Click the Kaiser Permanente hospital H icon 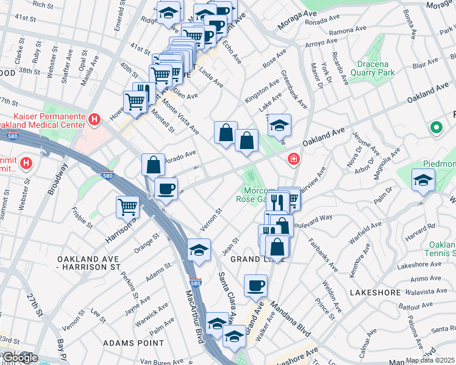tap(94, 119)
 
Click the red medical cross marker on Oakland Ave tap(294, 159)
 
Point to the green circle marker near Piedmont tap(436, 128)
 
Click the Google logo tap(20, 358)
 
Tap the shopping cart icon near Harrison tap(128, 207)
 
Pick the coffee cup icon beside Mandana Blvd tap(256, 285)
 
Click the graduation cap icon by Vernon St tap(199, 250)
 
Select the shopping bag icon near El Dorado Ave tap(154, 164)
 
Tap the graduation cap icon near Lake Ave tap(279, 125)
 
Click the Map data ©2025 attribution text tap(429, 360)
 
